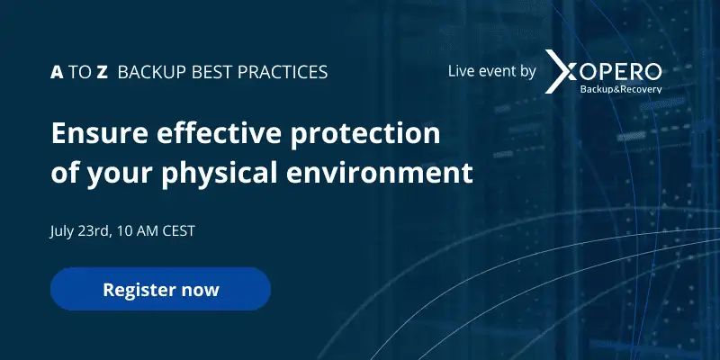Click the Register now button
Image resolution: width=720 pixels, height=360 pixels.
(160, 289)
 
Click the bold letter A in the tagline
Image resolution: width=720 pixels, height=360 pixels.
(57, 73)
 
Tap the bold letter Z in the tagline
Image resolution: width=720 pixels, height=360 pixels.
(102, 73)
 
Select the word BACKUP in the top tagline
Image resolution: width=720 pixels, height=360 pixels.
(152, 73)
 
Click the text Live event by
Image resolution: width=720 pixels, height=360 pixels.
(491, 72)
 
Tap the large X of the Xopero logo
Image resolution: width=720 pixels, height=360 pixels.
(560, 72)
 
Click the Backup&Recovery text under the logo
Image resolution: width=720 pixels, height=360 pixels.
(621, 89)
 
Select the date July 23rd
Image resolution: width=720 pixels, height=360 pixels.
(80, 231)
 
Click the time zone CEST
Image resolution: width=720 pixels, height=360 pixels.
(178, 231)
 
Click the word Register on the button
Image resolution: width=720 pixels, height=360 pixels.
(139, 290)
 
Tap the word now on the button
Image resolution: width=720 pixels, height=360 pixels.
(200, 291)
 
